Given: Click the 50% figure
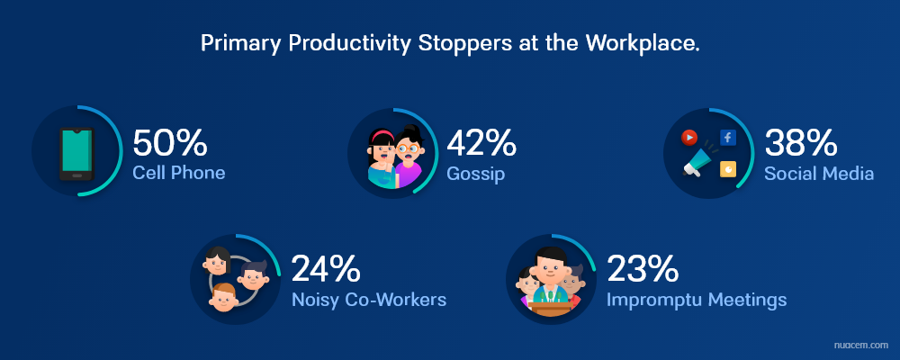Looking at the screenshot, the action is point(169,143).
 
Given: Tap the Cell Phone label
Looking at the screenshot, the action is point(178,172).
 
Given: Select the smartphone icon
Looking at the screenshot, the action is point(76,154).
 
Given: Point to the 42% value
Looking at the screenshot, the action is point(481,143).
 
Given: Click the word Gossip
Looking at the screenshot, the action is point(476,174).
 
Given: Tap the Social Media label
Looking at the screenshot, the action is point(819,173).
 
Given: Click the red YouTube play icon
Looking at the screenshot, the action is point(688,138).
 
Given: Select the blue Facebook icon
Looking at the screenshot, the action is point(728,137).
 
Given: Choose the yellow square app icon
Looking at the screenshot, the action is point(728,169).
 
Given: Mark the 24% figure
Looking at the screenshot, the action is point(326,269).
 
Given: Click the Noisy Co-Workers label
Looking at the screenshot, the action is point(368,299).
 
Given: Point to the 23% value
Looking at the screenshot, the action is point(643,269).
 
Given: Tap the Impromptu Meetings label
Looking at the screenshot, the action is point(697,300).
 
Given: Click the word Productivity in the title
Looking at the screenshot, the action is point(349,43).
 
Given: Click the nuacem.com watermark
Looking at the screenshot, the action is point(860,345).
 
